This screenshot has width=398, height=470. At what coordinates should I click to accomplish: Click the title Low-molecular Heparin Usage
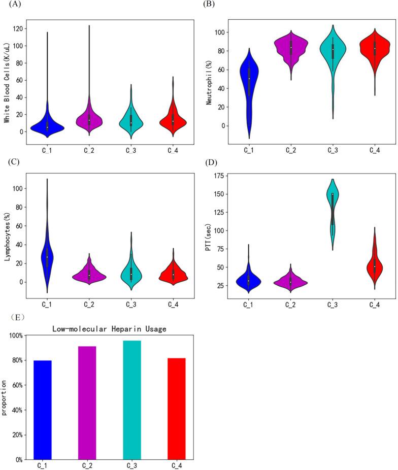tap(110, 329)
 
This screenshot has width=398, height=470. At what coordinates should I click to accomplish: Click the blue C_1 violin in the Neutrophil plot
tap(248, 86)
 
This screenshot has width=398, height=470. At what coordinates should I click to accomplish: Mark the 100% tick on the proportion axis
tap(18, 335)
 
